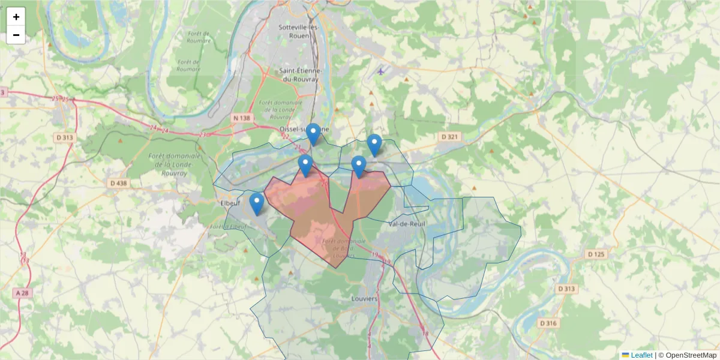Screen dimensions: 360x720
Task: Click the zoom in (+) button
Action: point(16,17)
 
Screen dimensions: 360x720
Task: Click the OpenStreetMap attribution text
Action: point(691,355)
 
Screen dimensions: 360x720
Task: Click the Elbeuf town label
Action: point(230,203)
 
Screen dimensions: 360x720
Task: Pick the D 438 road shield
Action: point(119,182)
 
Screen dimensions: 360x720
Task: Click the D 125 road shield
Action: point(596,254)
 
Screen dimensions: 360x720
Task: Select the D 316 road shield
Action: point(548,323)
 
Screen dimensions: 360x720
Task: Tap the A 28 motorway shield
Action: point(22,293)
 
